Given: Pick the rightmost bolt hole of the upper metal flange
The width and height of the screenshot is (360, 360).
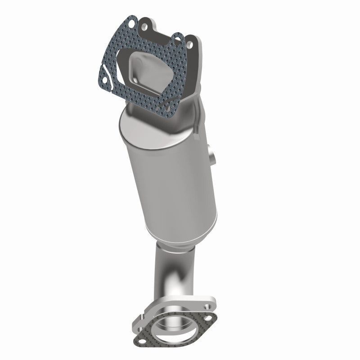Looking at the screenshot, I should [x=189, y=45].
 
